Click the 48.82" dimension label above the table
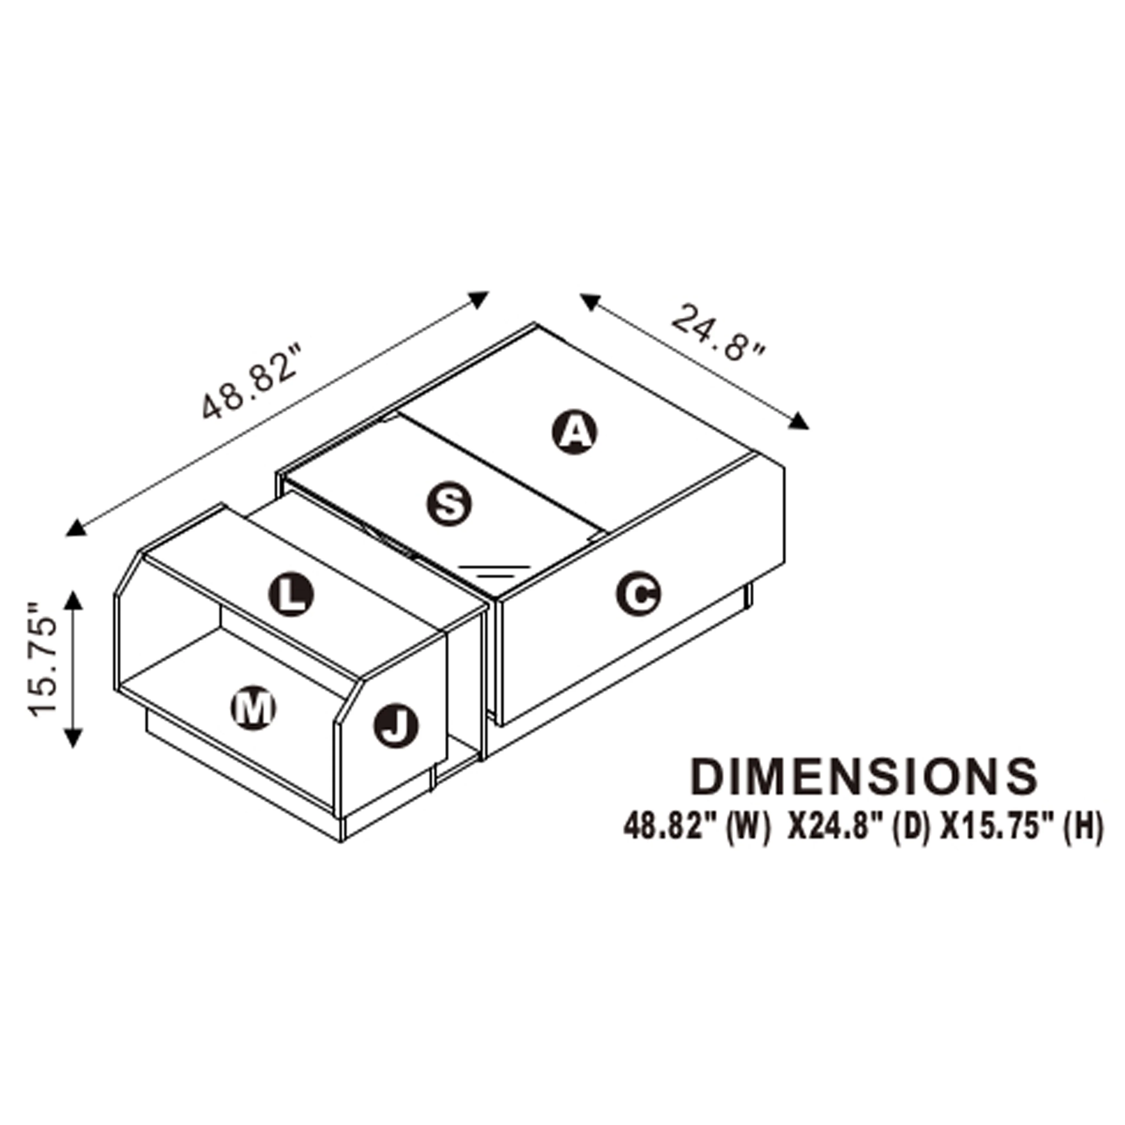(250, 382)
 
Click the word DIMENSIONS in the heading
(864, 777)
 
